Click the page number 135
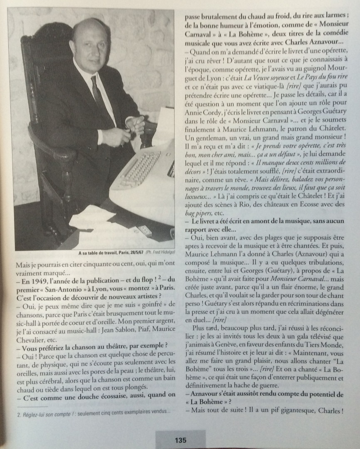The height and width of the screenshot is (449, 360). (180, 440)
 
